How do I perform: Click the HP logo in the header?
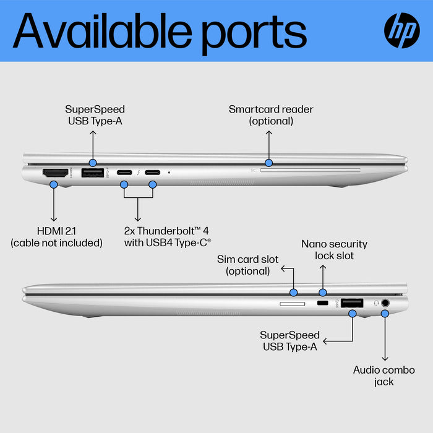click(x=402, y=30)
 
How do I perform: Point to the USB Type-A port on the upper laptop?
click(x=93, y=174)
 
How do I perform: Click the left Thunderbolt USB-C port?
click(x=124, y=173)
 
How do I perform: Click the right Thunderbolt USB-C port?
click(x=152, y=173)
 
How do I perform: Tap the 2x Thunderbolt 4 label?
click(x=168, y=237)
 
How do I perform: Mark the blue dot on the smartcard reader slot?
click(x=268, y=163)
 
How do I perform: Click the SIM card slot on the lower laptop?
click(x=292, y=304)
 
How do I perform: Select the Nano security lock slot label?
click(x=334, y=250)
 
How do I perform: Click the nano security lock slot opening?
click(x=322, y=304)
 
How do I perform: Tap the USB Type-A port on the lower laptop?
click(x=352, y=302)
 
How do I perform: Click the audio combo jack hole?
click(x=386, y=303)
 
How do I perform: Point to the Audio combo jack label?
click(x=384, y=375)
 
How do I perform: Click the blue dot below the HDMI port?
click(x=54, y=184)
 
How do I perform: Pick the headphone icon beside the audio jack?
click(x=376, y=303)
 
